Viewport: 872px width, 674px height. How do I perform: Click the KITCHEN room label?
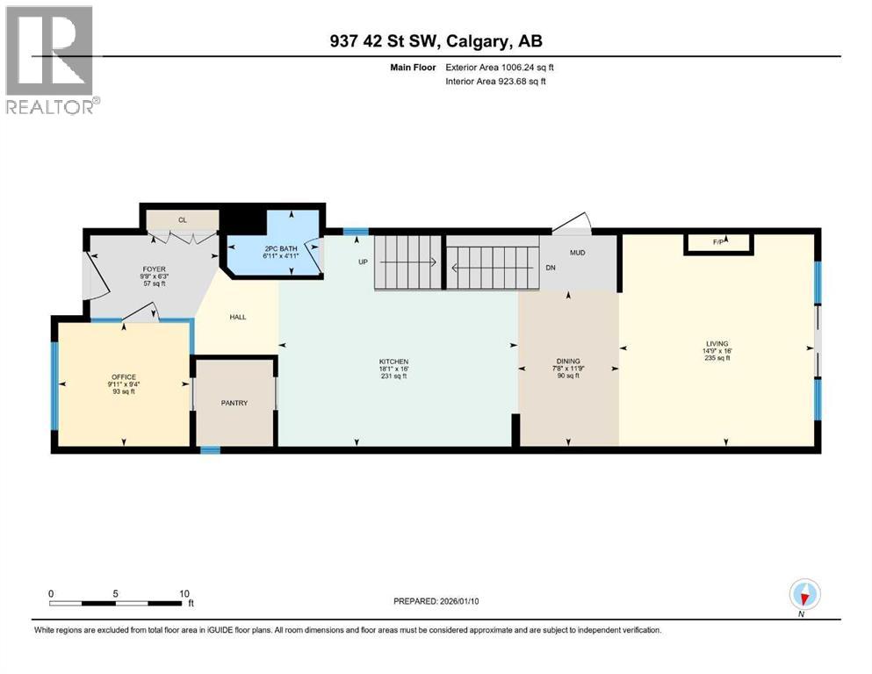394,362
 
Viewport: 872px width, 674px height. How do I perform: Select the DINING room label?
568,362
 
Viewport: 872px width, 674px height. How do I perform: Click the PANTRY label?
234,403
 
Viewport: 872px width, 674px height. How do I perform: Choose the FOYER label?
155,270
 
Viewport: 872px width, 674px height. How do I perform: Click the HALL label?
237,318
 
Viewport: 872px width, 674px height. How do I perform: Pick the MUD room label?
577,253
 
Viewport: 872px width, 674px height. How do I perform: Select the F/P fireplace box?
718,243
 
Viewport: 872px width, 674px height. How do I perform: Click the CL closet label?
183,219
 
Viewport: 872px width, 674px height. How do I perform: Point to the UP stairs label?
362,262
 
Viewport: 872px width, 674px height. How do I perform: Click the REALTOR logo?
51,60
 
